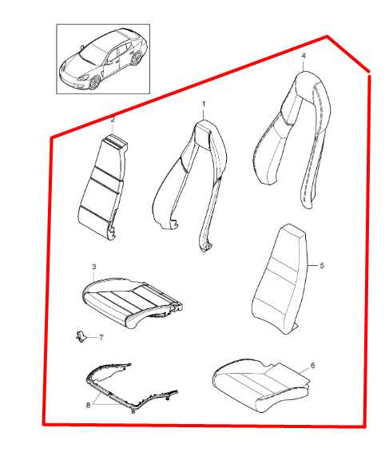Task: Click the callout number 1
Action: (204, 104)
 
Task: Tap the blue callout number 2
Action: (113, 120)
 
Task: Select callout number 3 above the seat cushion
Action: (94, 267)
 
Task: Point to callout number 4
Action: (304, 56)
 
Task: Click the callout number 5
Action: (322, 266)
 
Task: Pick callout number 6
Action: (312, 366)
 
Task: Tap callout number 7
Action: (101, 338)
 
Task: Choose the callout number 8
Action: (88, 406)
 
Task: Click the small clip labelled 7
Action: (80, 336)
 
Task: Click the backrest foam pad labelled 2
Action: (102, 187)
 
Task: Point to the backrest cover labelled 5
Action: (279, 280)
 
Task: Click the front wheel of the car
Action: (95, 82)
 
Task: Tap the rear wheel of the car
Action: (137, 58)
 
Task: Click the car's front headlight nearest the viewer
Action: (84, 77)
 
